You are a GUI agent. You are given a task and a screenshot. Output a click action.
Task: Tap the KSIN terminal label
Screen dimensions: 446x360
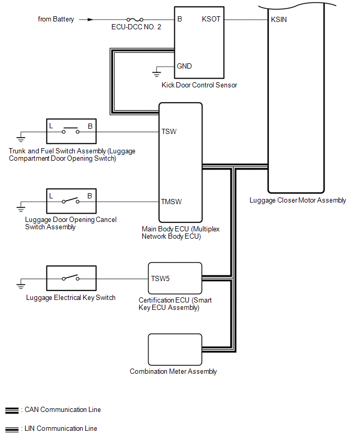(279, 20)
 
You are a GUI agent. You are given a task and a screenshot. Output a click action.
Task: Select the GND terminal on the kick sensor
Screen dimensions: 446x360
(184, 66)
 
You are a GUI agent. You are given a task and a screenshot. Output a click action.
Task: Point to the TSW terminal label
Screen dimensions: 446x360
(169, 131)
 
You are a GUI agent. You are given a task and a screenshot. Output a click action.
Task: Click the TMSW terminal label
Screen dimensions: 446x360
(172, 202)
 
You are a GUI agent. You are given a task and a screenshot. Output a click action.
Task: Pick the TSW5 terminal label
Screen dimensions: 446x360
(160, 278)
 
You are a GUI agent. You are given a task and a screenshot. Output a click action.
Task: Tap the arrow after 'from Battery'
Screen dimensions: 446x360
(91, 19)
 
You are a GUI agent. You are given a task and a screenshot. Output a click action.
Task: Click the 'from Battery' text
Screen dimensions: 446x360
(56, 19)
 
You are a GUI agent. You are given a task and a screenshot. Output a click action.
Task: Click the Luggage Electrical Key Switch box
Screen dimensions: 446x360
(71, 279)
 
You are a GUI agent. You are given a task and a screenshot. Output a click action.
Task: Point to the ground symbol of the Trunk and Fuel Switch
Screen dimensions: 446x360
(21, 138)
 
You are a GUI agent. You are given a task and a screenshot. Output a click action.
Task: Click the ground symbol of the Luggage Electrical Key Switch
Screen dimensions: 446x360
(21, 285)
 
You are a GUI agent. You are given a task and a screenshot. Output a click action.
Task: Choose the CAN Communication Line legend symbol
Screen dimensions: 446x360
(11, 410)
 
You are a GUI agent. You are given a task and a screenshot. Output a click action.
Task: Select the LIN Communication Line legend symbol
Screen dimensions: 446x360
(11, 429)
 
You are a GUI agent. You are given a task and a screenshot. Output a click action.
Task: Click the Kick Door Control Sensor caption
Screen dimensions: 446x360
(199, 85)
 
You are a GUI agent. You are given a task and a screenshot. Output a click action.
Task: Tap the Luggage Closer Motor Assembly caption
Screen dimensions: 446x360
(298, 200)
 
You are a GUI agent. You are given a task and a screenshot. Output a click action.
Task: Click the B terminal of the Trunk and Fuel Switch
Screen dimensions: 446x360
(90, 126)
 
